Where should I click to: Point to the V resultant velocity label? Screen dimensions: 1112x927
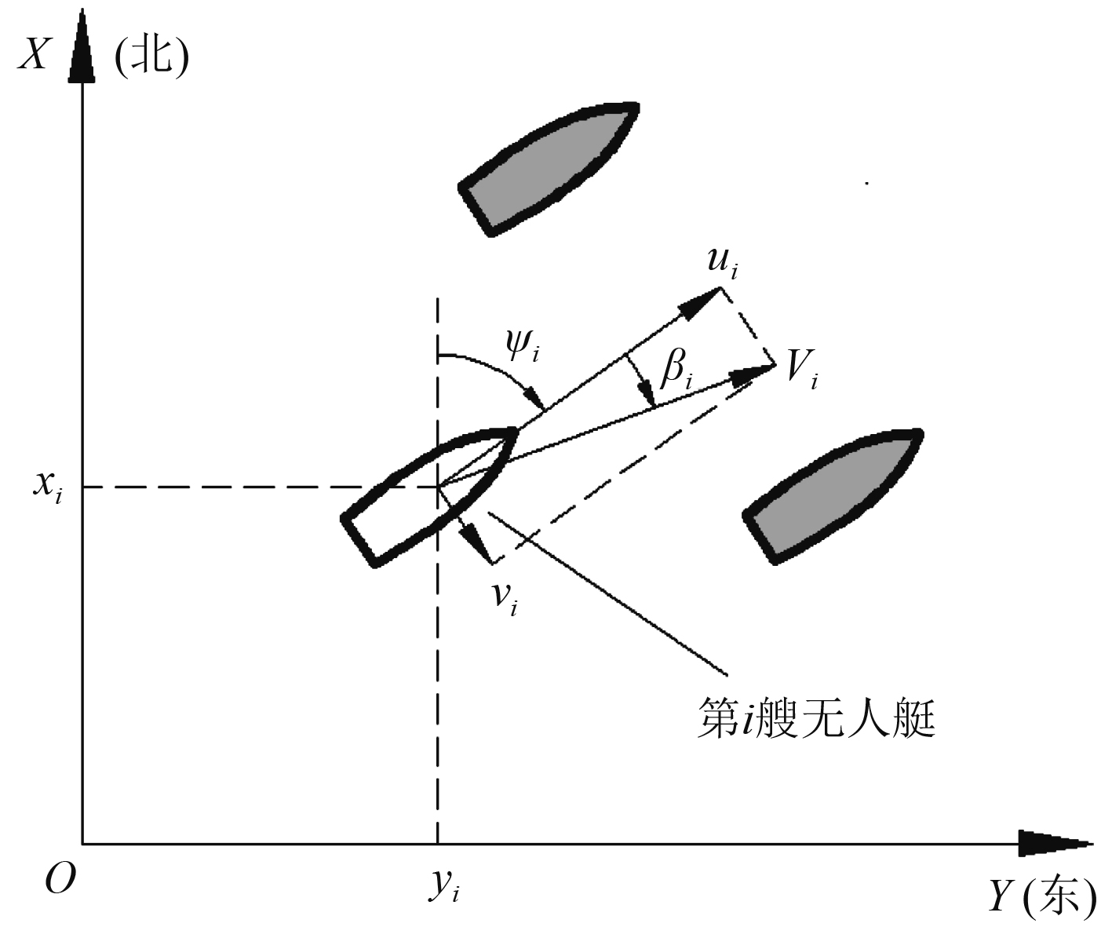point(801,369)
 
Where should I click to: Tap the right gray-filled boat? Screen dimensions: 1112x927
point(833,494)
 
